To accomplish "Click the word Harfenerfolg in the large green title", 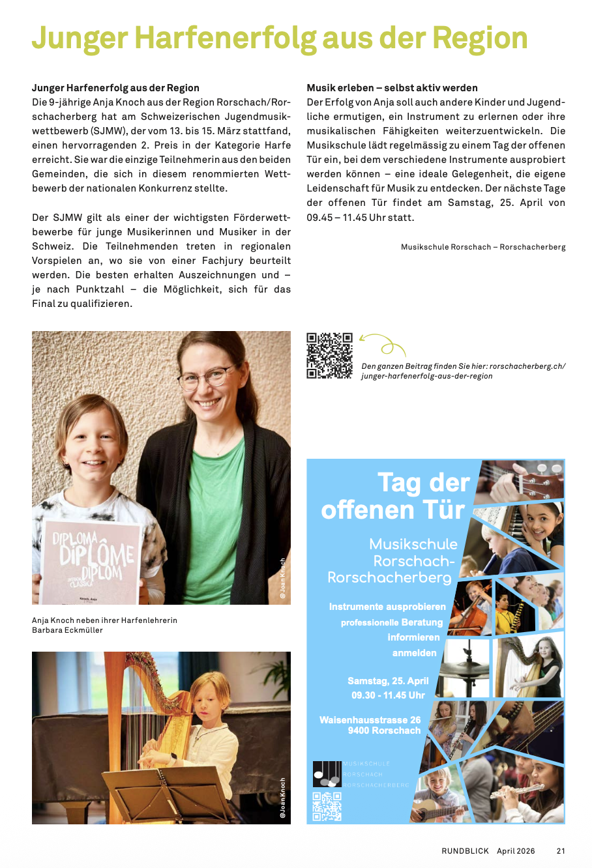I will point(226,38).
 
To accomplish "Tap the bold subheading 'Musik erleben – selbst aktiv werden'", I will point(392,88).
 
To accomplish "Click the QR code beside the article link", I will point(329,355).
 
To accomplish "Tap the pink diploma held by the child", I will point(91,561).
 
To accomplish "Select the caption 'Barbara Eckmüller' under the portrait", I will point(67,630).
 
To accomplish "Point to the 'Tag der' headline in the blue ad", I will point(423,483).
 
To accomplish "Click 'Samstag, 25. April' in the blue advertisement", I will point(388,681).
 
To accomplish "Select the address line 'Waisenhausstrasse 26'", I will point(370,720).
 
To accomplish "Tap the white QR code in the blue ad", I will point(327,806).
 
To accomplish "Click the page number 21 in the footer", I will point(561,851).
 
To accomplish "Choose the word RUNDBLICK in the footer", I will point(465,851).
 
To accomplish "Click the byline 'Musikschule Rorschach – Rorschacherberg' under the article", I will point(483,247).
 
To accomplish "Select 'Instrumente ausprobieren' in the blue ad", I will point(387,607).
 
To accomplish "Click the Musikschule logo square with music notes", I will point(327,774).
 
